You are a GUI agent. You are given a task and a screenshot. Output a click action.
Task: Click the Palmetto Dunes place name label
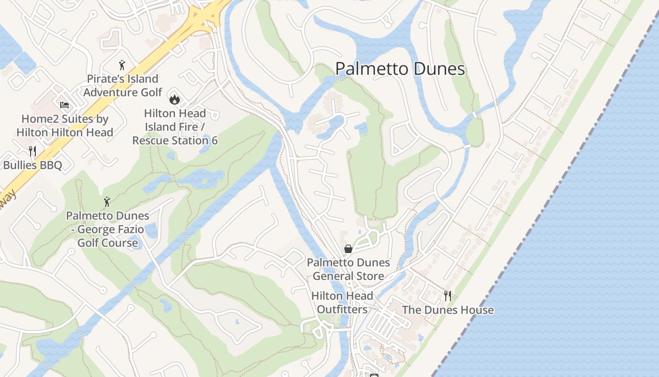tap(400, 69)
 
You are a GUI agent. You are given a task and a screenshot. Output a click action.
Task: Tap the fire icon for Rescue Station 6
tap(175, 99)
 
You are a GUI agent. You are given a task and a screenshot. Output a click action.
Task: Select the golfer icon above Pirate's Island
tap(122, 65)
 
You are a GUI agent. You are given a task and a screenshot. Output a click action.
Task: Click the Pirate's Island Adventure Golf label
tap(122, 85)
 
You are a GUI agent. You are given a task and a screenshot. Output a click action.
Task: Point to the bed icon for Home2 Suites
tap(64, 105)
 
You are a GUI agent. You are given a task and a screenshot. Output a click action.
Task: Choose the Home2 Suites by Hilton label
tap(65, 126)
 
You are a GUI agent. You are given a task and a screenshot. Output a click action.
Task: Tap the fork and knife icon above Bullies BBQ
tap(32, 151)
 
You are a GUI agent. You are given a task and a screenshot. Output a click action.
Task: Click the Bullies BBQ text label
tap(32, 165)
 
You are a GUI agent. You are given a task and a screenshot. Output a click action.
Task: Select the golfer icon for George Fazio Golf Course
tap(107, 202)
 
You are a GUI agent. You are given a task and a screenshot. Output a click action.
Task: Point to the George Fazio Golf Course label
tap(108, 229)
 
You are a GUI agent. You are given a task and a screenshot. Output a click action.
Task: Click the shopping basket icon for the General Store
tap(348, 249)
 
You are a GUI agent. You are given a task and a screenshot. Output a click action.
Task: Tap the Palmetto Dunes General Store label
tap(348, 269)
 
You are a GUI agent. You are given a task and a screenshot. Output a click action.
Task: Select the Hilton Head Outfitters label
tap(342, 303)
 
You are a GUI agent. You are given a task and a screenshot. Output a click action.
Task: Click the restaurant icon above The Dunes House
tap(448, 296)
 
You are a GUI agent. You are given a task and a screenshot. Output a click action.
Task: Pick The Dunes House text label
tap(448, 310)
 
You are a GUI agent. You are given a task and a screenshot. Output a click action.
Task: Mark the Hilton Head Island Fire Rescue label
tap(175, 127)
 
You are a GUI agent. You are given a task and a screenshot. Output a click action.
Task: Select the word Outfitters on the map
tap(342, 310)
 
